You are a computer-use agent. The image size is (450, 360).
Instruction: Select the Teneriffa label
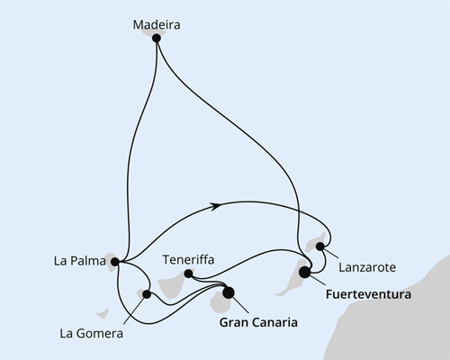coord(188,259)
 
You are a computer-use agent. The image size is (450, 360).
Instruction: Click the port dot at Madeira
coord(157,39)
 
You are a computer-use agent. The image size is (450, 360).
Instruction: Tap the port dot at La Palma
coord(114,263)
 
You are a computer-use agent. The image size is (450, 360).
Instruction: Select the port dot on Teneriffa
coord(188,274)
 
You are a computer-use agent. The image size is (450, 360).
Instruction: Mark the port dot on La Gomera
coord(147,293)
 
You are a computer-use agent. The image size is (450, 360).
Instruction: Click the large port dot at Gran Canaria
coord(228,292)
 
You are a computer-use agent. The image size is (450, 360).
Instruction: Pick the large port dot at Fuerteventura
coord(305,271)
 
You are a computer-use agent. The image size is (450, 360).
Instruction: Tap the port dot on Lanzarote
coord(320,246)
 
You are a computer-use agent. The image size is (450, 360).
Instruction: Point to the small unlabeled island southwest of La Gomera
coord(102,313)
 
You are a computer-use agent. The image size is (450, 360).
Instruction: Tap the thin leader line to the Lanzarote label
coord(333,255)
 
